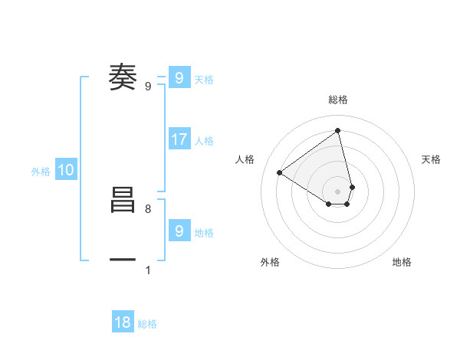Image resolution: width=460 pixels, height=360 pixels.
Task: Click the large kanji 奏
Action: click(123, 77)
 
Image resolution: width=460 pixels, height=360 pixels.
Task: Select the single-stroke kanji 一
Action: click(123, 260)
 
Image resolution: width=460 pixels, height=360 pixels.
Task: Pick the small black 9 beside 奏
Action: click(158, 87)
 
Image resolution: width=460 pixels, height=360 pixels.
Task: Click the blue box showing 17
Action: click(179, 139)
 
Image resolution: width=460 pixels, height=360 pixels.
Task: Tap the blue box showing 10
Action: click(66, 170)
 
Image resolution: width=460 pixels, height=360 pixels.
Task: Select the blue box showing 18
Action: click(123, 322)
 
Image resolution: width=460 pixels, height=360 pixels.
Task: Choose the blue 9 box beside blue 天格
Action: click(179, 78)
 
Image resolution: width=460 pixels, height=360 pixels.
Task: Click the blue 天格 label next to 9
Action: click(204, 80)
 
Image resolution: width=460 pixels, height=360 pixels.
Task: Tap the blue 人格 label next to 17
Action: click(204, 141)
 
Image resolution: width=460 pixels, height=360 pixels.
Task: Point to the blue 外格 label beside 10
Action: click(41, 172)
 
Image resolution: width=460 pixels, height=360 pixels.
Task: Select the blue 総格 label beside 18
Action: click(147, 324)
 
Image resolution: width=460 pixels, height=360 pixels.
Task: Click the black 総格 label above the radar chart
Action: click(338, 100)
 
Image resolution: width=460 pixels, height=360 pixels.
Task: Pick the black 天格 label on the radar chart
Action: click(431, 159)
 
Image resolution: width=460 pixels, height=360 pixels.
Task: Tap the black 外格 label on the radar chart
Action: click(270, 262)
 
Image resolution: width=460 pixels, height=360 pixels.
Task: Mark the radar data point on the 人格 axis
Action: click(280, 172)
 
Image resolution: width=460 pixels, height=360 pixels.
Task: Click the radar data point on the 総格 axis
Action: click(338, 130)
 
